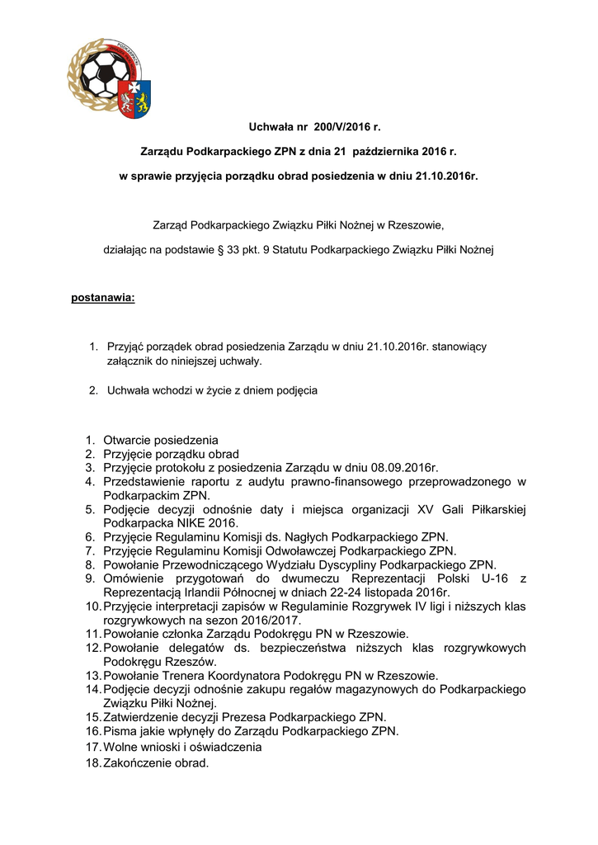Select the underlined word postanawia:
[103, 297]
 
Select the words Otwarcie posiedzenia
[161, 440]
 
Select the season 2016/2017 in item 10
[271, 621]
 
